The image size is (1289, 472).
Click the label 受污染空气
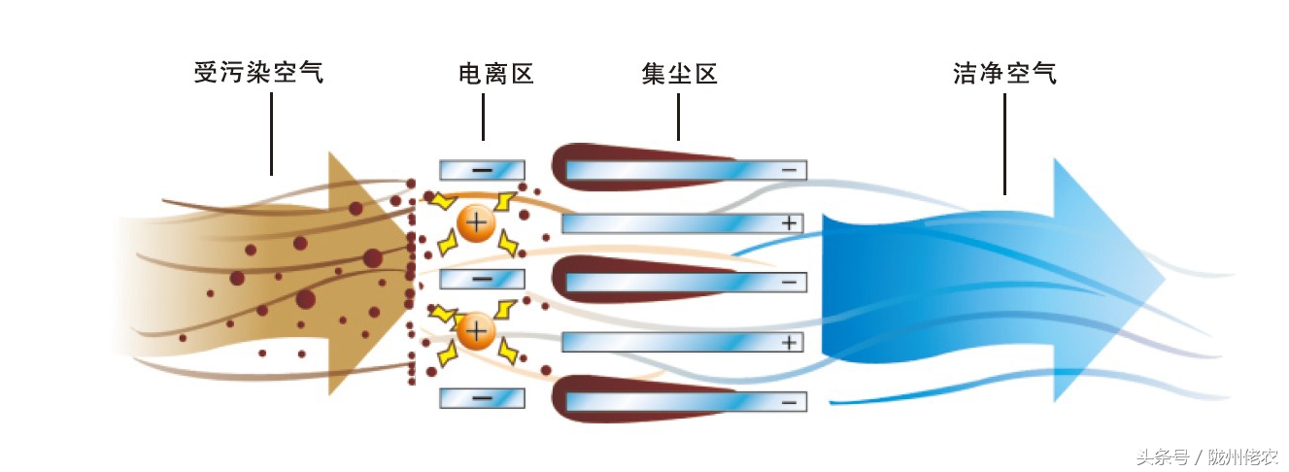257,74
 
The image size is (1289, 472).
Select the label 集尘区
679,74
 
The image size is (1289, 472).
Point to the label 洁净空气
1004,74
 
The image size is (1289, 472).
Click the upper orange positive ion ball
476,223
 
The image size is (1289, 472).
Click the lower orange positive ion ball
476,332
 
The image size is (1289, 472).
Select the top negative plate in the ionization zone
482,170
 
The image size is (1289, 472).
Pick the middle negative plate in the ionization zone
482,280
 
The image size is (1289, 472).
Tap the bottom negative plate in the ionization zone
482,398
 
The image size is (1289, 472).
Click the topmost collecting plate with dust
680,169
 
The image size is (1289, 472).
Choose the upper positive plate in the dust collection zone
683,223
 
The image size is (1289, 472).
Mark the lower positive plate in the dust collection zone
683,342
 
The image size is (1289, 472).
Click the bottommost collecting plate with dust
680,400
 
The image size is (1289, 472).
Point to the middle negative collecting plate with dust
680,282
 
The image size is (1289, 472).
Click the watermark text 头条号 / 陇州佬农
1206,455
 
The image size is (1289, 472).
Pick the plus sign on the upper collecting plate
789,223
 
